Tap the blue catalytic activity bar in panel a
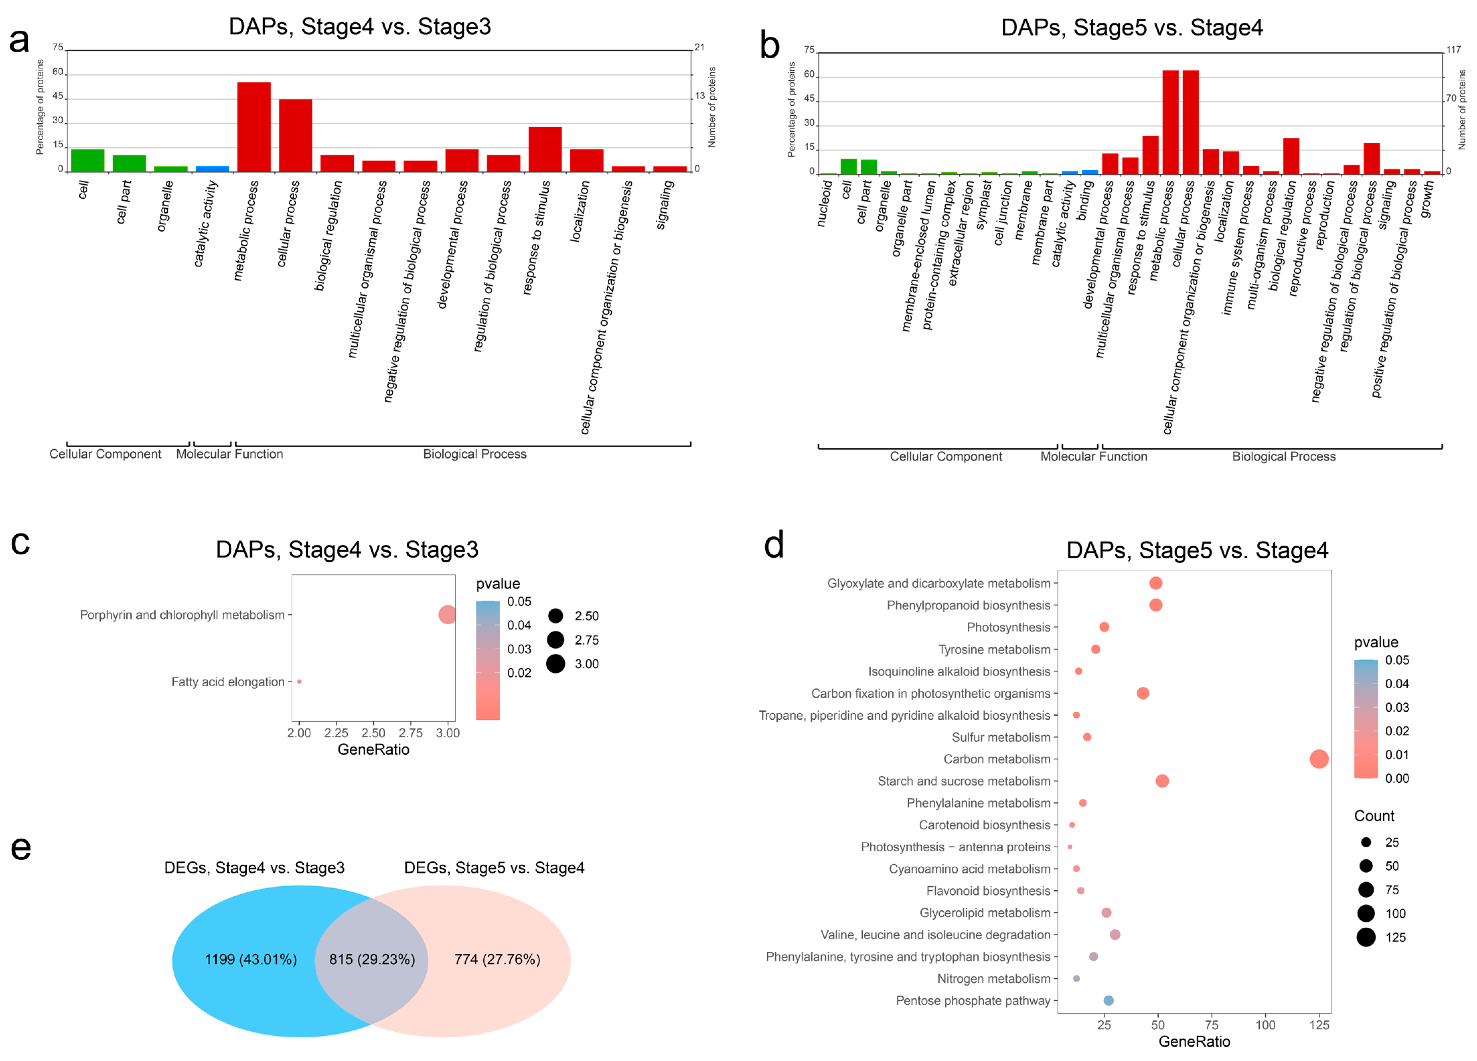click(212, 169)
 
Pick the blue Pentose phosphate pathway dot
click(1108, 1000)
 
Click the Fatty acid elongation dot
click(299, 681)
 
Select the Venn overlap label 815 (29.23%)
click(372, 960)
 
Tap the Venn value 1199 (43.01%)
click(251, 960)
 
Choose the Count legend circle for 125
click(1366, 937)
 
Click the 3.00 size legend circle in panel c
click(555, 664)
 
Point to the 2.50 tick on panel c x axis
click(373, 733)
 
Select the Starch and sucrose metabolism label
click(964, 781)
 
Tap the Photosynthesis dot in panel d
click(1104, 627)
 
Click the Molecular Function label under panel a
click(229, 454)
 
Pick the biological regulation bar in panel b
click(1291, 156)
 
